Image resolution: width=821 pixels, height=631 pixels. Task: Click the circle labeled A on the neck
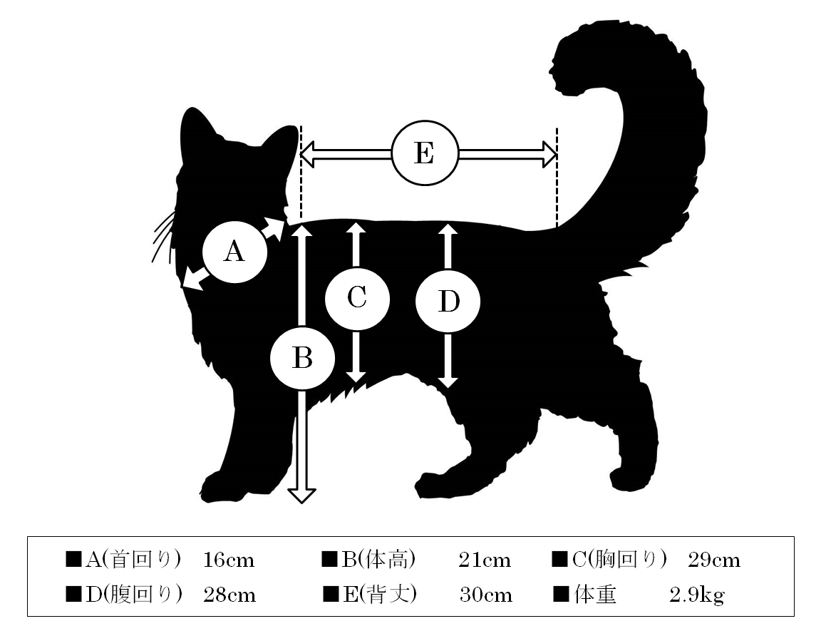coord(234,252)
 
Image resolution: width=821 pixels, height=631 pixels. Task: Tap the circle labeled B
coord(302,358)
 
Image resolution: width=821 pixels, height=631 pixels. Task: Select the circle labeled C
coord(357,298)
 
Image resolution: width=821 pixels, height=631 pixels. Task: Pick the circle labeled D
coord(448,301)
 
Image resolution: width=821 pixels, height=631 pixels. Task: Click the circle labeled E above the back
coord(425,153)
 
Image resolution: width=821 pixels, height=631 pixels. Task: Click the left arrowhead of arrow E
coord(307,154)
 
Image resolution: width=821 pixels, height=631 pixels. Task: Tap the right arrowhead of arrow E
coord(549,154)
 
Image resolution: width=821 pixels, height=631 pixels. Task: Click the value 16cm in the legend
coord(229,560)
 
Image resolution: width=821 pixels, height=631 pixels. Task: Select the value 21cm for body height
coord(485,560)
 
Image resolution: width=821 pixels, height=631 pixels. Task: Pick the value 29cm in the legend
coord(714,560)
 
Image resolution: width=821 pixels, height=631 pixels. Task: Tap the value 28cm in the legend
coord(229,595)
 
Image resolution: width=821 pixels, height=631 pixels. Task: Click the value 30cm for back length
coord(486,595)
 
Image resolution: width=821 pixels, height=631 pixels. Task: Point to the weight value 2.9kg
coord(697,595)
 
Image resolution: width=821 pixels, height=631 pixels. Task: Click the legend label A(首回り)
coord(133,560)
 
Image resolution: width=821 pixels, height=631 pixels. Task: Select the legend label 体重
coord(595,595)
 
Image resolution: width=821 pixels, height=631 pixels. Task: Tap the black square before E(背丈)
coord(331,595)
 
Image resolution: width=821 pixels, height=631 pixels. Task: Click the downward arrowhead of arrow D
coord(448,381)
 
